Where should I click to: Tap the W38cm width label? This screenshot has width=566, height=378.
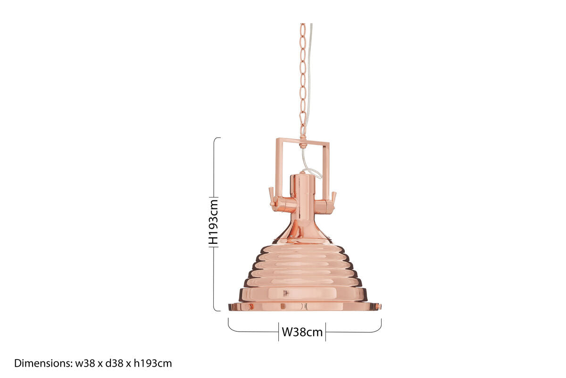tap(302, 332)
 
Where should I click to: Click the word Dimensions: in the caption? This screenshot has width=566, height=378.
tap(43, 363)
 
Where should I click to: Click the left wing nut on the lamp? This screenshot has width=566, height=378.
tap(272, 197)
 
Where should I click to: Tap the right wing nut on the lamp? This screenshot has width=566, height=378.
tap(333, 196)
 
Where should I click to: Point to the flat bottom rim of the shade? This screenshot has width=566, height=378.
tap(305, 307)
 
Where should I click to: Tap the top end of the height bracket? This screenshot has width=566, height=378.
tap(218, 138)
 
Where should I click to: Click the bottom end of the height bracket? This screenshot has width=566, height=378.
tap(218, 310)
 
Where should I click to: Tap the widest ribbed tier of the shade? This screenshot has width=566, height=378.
tap(303, 294)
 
